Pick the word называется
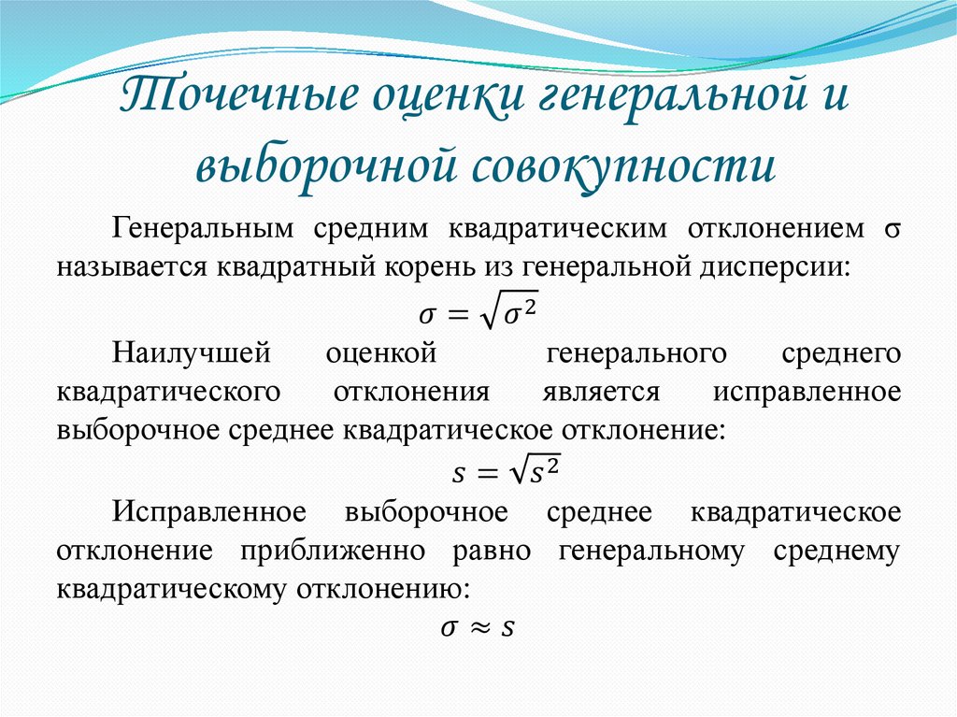pyautogui.click(x=132, y=266)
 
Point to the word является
pyautogui.click(x=601, y=392)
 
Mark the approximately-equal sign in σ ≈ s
pyautogui.click(x=478, y=629)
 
